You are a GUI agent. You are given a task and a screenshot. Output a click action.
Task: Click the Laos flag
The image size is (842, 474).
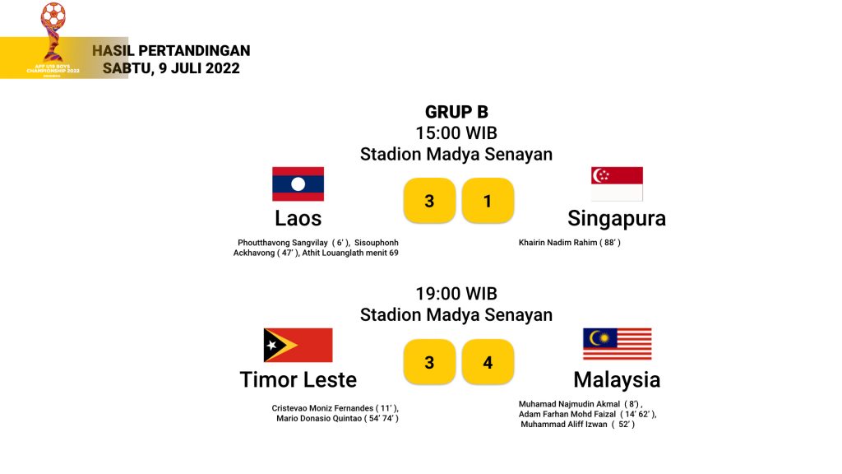point(298,184)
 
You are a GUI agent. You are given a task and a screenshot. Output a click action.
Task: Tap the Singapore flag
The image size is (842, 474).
point(617,184)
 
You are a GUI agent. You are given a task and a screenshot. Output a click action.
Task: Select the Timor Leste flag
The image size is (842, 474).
point(298,345)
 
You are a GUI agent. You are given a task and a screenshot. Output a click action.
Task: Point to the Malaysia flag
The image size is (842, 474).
point(618,344)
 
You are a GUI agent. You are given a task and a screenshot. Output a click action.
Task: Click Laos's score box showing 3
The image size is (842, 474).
point(429,201)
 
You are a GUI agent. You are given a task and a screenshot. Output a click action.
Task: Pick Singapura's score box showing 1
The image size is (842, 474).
point(488,201)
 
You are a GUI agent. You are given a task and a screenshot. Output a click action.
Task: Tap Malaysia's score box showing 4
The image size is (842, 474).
point(488,362)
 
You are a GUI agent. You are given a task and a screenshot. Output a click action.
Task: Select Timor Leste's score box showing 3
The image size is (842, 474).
point(429,362)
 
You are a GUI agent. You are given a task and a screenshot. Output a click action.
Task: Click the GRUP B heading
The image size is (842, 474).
point(456,112)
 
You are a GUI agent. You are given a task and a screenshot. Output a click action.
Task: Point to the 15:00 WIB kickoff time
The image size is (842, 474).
point(456,132)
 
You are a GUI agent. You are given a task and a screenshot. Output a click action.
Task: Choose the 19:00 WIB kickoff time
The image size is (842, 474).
point(456,294)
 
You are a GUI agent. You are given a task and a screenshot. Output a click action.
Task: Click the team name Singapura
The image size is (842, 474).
point(617,218)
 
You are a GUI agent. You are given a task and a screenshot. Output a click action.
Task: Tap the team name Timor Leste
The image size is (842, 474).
point(298,379)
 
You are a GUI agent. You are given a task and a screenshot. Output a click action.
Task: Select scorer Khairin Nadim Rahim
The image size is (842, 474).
point(558,243)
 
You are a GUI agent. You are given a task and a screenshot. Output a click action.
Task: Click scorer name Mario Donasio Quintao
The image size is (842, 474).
point(319,418)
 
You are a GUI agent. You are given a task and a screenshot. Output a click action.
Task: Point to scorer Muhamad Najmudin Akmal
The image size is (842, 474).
point(569,404)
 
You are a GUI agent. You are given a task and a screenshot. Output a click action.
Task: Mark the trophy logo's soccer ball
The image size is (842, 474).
point(53,15)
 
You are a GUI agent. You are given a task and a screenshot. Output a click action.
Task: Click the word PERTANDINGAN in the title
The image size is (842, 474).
point(194,50)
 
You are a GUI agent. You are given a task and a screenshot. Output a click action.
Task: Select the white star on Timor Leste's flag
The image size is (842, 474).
point(272,345)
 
